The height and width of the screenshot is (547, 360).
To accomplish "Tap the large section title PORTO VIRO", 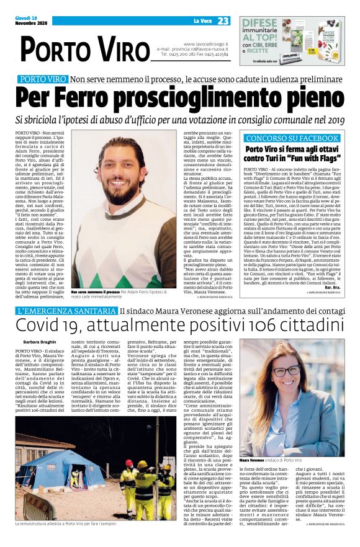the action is point(82,48).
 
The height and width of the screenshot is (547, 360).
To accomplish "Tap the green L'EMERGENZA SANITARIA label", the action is point(66,310).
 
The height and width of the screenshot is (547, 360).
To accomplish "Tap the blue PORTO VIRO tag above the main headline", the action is point(42,80).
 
